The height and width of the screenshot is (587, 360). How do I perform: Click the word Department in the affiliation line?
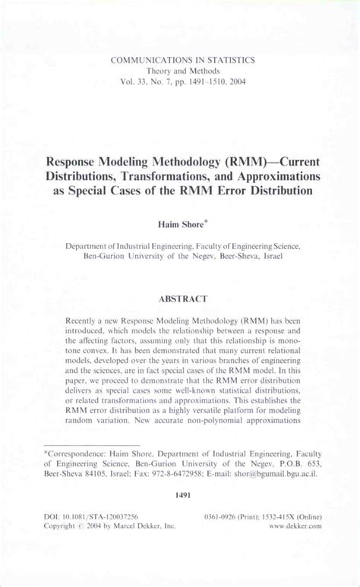(x=90, y=247)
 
